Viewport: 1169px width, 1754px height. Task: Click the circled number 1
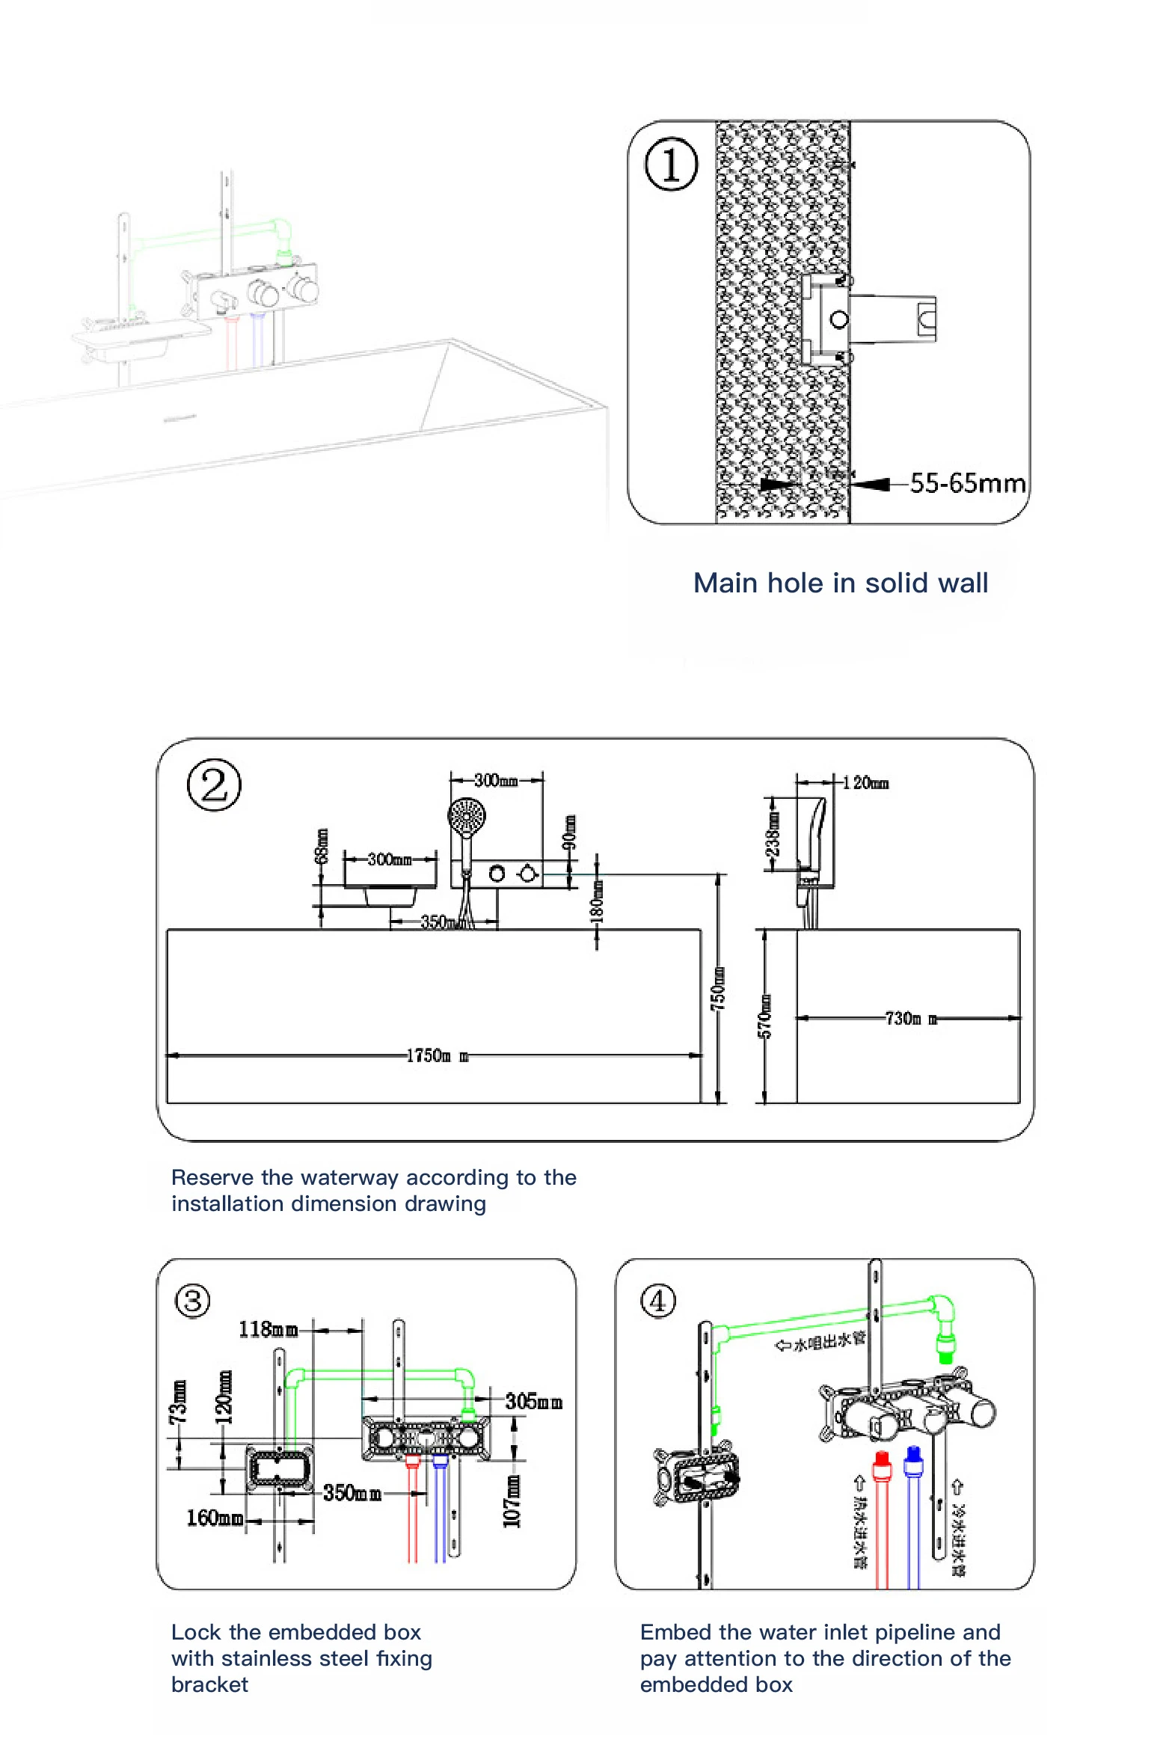coord(671,164)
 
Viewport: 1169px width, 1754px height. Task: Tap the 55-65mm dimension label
coord(967,483)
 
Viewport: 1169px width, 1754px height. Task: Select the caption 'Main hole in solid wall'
coord(840,583)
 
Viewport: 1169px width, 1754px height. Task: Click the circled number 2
coord(214,785)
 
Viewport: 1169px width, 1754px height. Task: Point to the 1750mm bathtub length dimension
coord(437,1055)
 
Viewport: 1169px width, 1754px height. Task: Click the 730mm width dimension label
coord(910,1018)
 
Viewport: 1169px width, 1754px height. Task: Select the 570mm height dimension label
coord(764,1016)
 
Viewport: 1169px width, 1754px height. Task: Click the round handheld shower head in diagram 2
coord(467,814)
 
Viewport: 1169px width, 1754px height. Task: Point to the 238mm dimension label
coord(773,833)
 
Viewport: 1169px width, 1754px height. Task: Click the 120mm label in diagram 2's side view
coord(865,783)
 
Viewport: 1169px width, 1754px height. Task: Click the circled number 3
coord(192,1301)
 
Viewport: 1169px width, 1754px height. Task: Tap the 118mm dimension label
coord(268,1329)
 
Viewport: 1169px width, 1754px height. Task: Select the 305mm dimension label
coord(533,1401)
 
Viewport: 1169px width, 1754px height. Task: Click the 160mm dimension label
coord(215,1518)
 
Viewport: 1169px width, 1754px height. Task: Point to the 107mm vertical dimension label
coord(512,1501)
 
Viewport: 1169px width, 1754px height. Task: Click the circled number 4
coord(657,1301)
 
